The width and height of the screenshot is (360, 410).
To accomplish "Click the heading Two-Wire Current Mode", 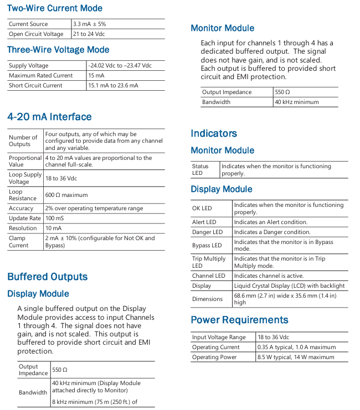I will point(54,9).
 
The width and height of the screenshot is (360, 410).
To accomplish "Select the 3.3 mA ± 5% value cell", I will point(89,24).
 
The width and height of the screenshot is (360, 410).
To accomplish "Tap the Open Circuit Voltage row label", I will point(32,34).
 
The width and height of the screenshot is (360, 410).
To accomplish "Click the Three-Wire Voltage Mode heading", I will point(58,50).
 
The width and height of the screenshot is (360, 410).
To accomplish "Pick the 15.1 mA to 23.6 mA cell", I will point(114,85).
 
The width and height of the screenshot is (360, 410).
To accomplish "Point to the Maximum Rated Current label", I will point(40,75).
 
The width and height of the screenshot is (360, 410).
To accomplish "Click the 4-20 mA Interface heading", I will point(49,117).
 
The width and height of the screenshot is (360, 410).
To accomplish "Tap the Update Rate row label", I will point(25,218).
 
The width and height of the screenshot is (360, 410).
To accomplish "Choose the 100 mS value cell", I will point(56,218).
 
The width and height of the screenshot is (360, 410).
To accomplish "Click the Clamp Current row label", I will point(19,242).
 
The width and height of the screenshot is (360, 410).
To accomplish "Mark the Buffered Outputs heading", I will point(47,277).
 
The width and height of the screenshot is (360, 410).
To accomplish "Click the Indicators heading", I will point(214,133).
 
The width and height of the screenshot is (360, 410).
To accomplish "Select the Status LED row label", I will point(200,169).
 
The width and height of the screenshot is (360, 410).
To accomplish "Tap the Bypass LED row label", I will point(207,245).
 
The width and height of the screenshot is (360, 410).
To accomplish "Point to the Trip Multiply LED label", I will point(209,262).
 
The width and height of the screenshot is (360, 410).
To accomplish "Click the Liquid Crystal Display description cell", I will point(289,286).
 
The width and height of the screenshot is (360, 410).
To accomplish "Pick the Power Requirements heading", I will point(239,320).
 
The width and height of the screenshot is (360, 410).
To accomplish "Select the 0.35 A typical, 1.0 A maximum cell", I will point(296,347).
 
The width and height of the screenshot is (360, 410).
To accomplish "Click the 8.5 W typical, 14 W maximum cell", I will point(296,357).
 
